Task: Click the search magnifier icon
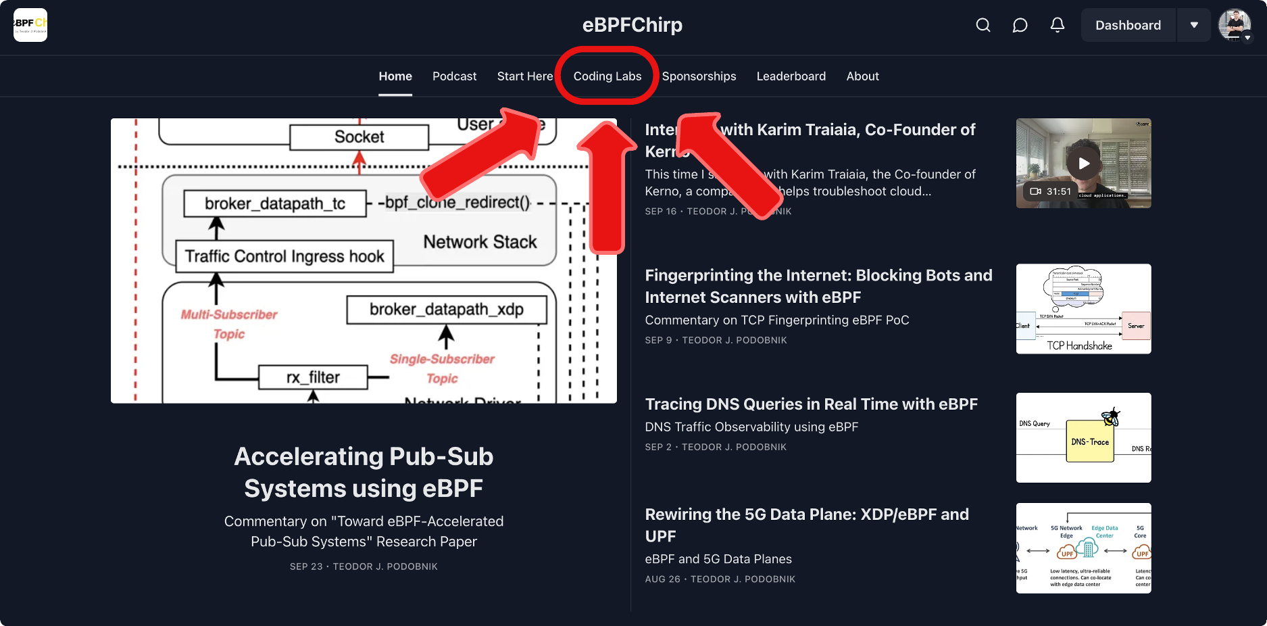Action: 983,25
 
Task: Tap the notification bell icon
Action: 1058,25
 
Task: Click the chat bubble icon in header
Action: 1020,25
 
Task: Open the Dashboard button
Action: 1128,25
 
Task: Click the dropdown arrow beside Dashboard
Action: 1194,25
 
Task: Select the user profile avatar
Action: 1235,25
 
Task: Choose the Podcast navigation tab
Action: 454,76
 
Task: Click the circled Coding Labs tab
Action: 607,76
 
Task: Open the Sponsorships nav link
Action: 699,76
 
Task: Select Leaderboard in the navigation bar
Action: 791,76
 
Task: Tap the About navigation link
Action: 862,76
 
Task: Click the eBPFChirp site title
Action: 632,25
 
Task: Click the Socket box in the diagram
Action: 359,137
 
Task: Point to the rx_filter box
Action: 313,377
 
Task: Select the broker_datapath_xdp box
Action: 446,310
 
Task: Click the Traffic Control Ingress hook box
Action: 284,256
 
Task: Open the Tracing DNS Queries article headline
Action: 811,404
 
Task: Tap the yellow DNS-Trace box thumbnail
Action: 1089,441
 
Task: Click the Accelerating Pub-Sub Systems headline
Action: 364,472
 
